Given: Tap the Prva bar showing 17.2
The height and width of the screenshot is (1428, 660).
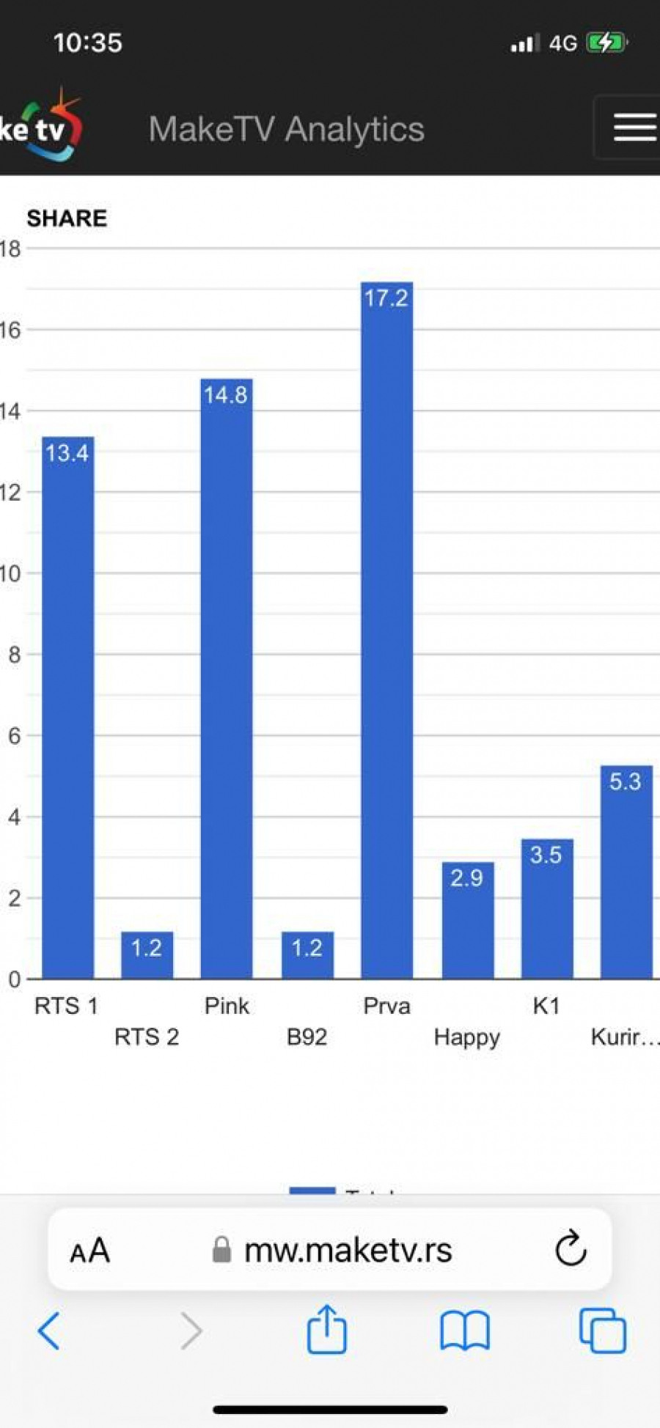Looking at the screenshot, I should tap(386, 630).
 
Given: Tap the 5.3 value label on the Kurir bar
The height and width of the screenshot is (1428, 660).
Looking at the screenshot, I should tap(626, 781).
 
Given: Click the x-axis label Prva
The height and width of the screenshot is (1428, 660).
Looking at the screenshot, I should tap(386, 1006).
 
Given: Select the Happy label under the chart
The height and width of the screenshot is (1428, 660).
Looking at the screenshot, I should tap(467, 1037).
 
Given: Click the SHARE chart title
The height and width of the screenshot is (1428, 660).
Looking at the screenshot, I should tap(67, 218).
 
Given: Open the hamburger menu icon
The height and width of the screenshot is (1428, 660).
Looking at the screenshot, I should tap(634, 128).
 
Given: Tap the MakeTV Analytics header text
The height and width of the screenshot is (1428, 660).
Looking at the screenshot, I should tap(286, 129).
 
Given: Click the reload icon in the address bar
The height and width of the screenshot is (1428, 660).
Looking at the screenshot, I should tap(571, 1249).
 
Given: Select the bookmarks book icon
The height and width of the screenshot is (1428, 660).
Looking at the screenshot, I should tap(464, 1331).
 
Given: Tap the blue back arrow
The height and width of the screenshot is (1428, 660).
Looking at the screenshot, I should tap(49, 1331).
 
